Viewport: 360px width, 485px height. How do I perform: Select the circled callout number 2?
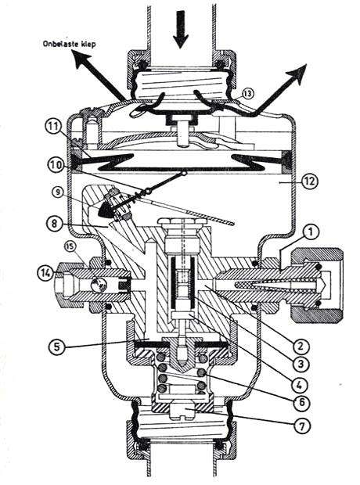(x=301, y=347)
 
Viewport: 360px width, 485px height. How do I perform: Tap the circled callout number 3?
(x=301, y=364)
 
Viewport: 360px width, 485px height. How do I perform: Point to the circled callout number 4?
(x=301, y=384)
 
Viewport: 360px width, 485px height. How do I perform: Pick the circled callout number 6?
(x=301, y=402)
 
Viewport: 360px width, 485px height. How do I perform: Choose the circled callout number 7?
(x=301, y=426)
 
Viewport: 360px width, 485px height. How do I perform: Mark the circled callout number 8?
(x=55, y=223)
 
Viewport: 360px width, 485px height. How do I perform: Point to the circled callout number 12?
(x=310, y=181)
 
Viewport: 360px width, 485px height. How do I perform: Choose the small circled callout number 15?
(x=70, y=246)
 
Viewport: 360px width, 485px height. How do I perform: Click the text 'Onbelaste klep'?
(x=69, y=44)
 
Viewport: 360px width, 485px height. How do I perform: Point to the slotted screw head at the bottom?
(x=185, y=411)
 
